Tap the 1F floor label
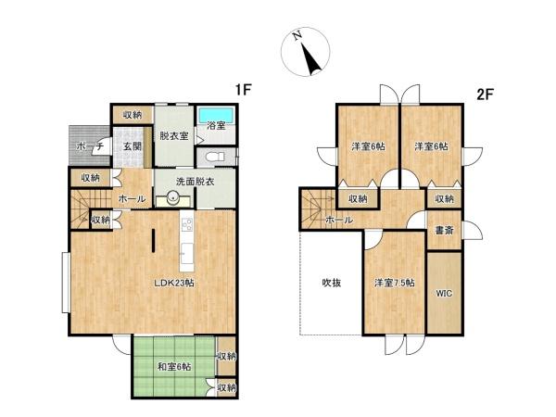click(x=243, y=91)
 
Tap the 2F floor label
click(x=485, y=94)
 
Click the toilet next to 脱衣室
click(x=210, y=156)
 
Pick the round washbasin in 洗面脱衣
click(x=172, y=197)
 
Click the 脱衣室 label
click(x=173, y=135)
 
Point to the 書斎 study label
click(x=443, y=230)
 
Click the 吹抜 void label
click(x=331, y=283)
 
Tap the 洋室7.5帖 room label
click(x=394, y=283)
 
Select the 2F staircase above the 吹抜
click(x=315, y=204)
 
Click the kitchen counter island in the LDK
click(x=185, y=236)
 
